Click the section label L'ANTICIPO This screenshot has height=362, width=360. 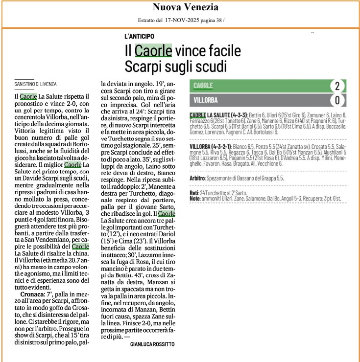[x=140, y=36]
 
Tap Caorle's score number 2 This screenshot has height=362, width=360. [x=337, y=86]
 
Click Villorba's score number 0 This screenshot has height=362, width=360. [x=337, y=100]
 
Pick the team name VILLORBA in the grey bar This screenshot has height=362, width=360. [x=206, y=100]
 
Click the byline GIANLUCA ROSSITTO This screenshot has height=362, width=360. [x=152, y=344]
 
